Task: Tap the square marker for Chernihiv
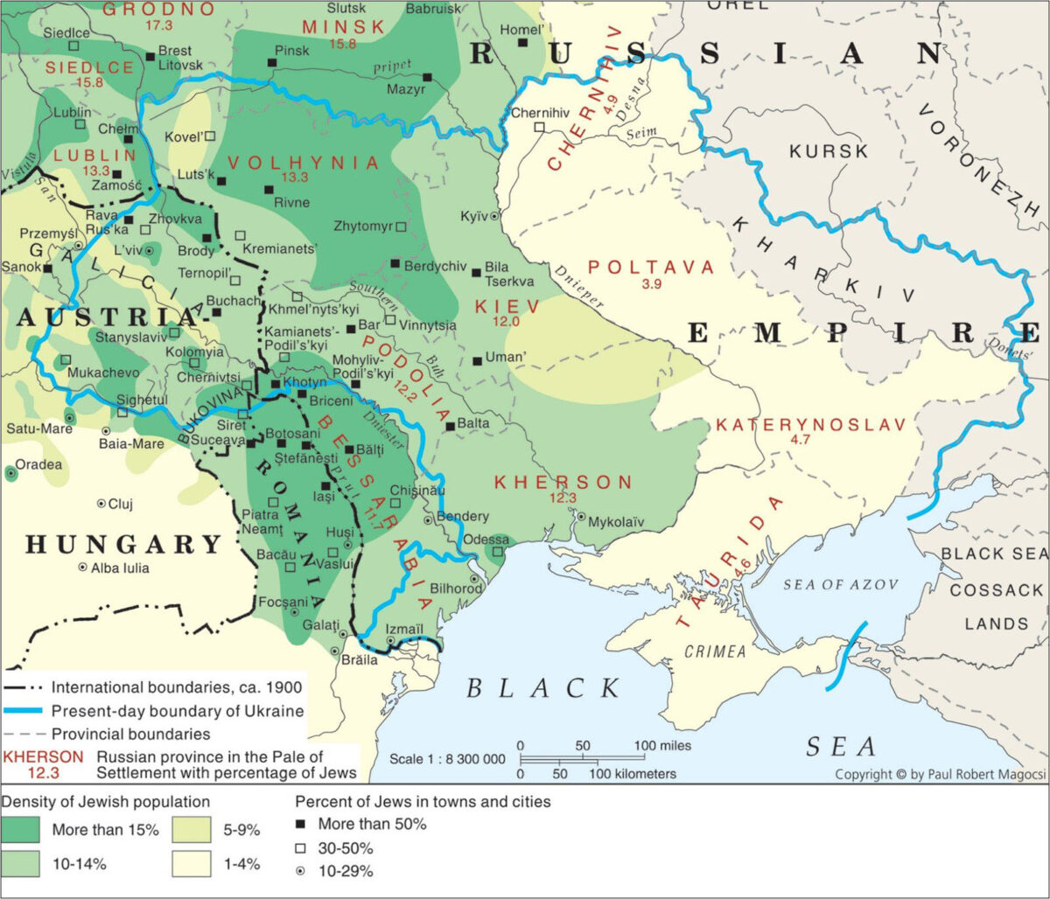coord(540,128)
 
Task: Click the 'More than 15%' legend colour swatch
coord(24,829)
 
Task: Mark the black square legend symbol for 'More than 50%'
coord(301,824)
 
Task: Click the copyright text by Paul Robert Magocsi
coord(935,774)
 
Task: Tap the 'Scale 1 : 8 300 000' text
coord(448,760)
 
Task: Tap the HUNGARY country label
coord(123,545)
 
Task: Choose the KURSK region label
coord(829,150)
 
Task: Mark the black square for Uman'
coord(476,360)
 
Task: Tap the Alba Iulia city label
coord(126,568)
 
